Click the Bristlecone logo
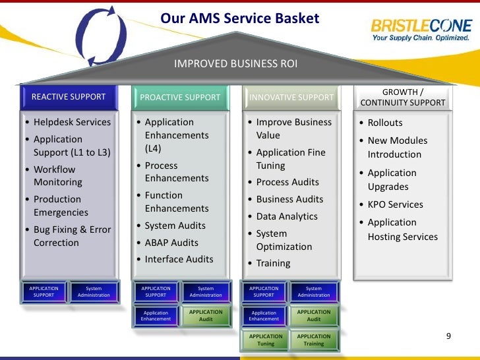(x=421, y=30)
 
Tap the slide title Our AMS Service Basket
(x=240, y=18)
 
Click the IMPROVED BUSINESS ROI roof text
(x=235, y=64)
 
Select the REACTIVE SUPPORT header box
(x=69, y=98)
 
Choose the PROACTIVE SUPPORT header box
(x=180, y=98)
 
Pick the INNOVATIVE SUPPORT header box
(x=291, y=98)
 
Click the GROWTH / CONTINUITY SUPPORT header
(x=403, y=98)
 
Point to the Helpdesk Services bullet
(x=73, y=122)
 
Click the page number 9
(x=448, y=336)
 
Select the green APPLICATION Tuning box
(x=266, y=340)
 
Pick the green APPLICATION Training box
(x=314, y=340)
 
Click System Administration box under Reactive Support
(x=94, y=291)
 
